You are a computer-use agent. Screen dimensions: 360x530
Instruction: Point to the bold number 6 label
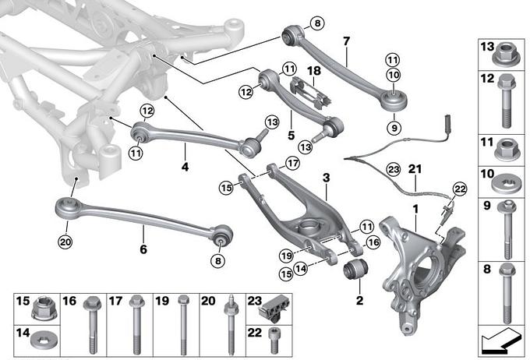pos(143,229)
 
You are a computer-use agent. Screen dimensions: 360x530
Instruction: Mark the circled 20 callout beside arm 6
pos(64,241)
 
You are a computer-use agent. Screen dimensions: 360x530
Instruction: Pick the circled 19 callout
pos(285,254)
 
